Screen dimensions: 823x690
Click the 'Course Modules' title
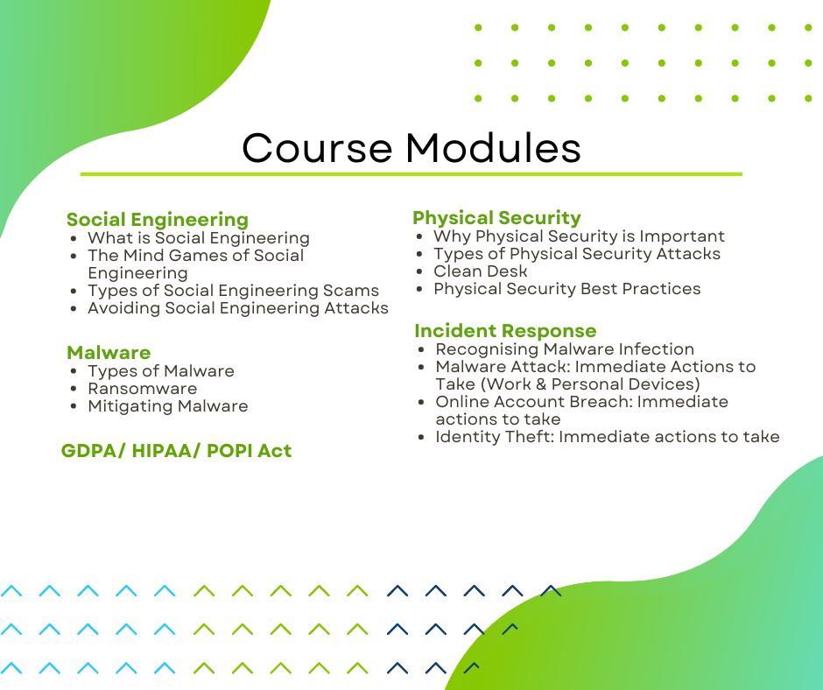coord(411,148)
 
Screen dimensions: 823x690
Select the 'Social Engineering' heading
coord(158,220)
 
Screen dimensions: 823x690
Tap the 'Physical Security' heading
coord(496,217)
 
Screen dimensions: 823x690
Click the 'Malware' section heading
coord(109,352)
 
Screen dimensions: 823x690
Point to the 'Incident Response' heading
coord(505,330)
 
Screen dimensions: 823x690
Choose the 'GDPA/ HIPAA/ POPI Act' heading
coord(176,451)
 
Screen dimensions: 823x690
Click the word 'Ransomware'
coord(142,389)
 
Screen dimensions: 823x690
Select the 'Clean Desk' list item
coord(481,271)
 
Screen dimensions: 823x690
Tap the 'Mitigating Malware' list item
coord(168,406)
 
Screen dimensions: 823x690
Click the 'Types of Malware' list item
coord(161,370)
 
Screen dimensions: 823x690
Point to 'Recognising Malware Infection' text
coord(565,349)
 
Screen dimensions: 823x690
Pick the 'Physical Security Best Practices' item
coord(566,288)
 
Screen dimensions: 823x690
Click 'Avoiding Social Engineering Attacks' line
coord(238,307)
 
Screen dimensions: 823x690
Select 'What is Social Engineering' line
coord(199,238)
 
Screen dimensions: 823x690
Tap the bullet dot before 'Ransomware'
coord(74,389)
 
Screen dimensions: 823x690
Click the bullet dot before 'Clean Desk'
coord(419,271)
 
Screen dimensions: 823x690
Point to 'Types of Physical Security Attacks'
coord(577,254)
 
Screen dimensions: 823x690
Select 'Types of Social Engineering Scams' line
coord(234,291)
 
